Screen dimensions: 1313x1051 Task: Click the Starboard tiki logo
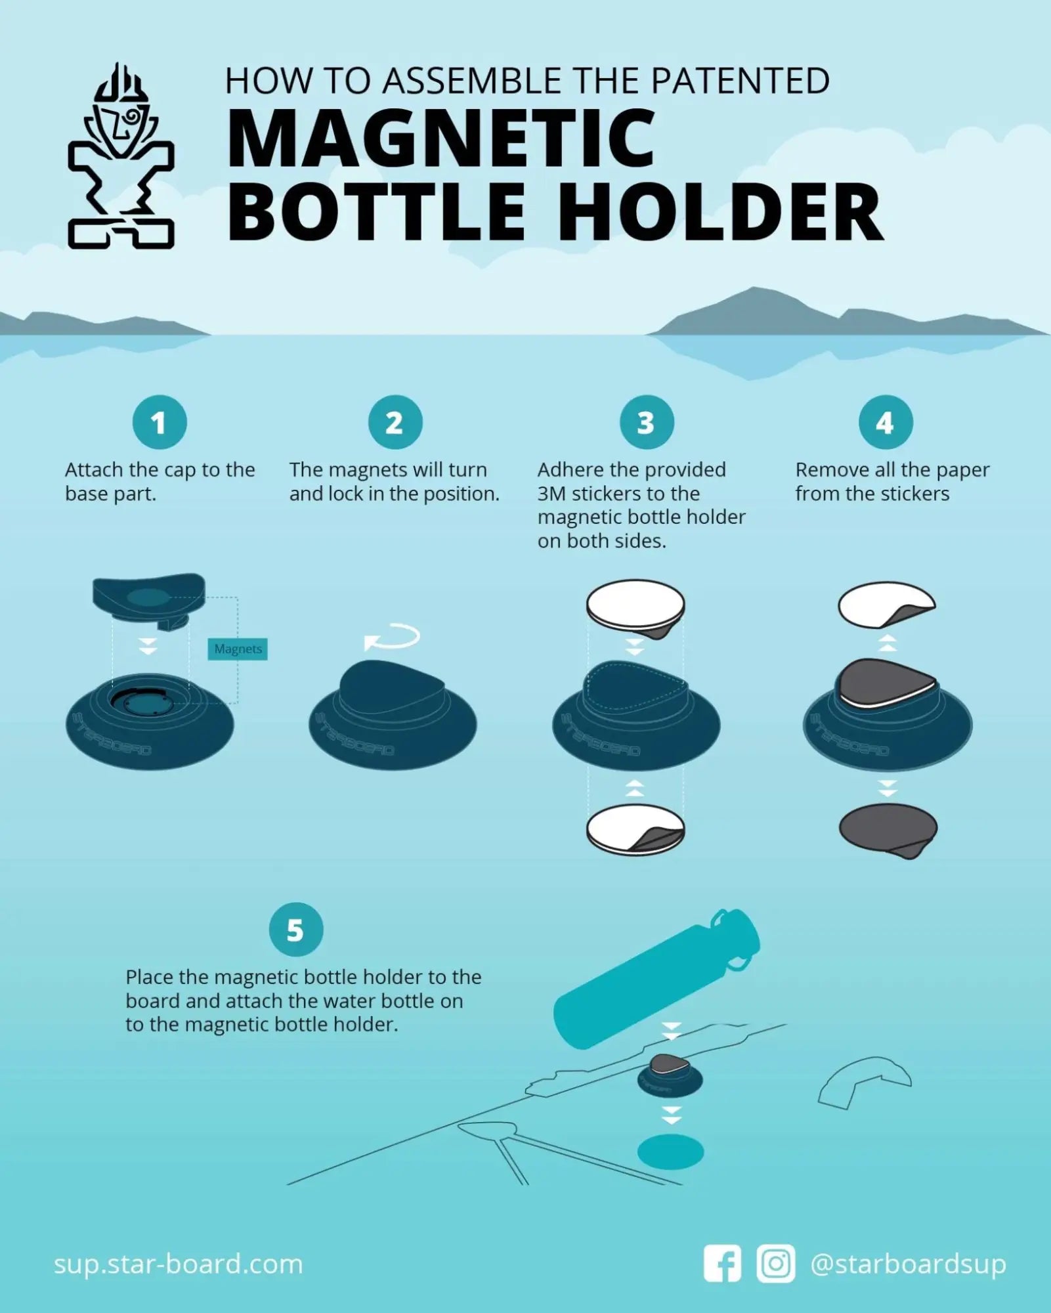pos(121,158)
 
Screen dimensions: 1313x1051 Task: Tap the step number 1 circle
pos(160,423)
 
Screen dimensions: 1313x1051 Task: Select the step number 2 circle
pos(395,423)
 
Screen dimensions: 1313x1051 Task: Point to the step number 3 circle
pos(647,423)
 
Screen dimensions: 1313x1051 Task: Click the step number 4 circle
pos(886,423)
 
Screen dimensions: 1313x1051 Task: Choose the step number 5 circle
pos(296,930)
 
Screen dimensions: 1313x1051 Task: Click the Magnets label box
pos(238,649)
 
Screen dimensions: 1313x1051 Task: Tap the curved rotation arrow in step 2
pos(392,637)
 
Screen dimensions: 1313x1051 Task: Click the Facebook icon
pos(722,1262)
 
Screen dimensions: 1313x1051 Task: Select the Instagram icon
pos(775,1262)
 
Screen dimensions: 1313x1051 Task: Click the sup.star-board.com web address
pos(178,1264)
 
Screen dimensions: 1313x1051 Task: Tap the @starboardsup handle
pos(908,1264)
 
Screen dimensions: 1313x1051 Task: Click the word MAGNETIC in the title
pos(440,139)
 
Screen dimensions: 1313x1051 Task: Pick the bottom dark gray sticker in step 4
pos(888,829)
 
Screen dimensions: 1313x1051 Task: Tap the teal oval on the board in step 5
pos(670,1152)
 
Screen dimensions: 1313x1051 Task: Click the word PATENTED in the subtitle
pos(740,81)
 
